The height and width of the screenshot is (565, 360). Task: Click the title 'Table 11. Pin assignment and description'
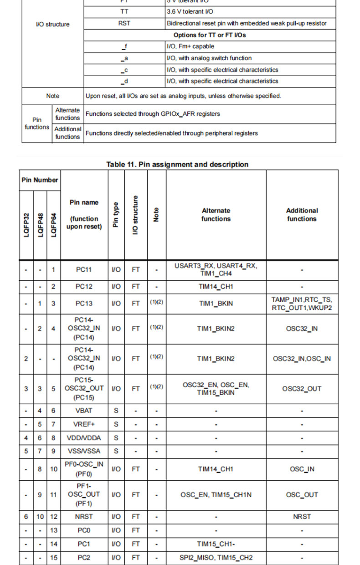point(177,164)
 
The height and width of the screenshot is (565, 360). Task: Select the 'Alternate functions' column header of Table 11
point(216,215)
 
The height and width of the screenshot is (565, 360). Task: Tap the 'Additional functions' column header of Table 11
point(302,215)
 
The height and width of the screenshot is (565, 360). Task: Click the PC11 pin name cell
point(84,270)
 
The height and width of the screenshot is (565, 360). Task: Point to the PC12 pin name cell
point(84,287)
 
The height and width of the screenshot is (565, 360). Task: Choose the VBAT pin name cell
point(84,411)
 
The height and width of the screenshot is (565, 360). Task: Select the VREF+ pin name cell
point(84,424)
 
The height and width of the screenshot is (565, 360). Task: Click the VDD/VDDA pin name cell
point(84,438)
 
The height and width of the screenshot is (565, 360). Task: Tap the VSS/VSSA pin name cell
point(84,451)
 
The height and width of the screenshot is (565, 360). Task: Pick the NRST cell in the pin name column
point(84,516)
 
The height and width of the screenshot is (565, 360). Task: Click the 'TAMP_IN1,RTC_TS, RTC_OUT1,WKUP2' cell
point(302,303)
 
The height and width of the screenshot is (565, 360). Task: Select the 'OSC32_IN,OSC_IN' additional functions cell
point(302,359)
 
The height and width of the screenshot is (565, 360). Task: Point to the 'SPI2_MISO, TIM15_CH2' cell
point(216,558)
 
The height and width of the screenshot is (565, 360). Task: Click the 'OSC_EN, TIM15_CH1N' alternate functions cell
point(216,494)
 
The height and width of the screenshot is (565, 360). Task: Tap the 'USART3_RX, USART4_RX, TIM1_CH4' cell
point(216,269)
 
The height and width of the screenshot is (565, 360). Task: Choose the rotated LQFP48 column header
point(40,225)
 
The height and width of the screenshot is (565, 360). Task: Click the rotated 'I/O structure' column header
point(135,215)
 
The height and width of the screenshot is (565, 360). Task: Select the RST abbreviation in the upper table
point(124,23)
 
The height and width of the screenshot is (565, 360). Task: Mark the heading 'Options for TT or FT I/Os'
point(210,35)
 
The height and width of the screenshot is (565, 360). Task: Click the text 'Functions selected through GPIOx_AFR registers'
point(153,114)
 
